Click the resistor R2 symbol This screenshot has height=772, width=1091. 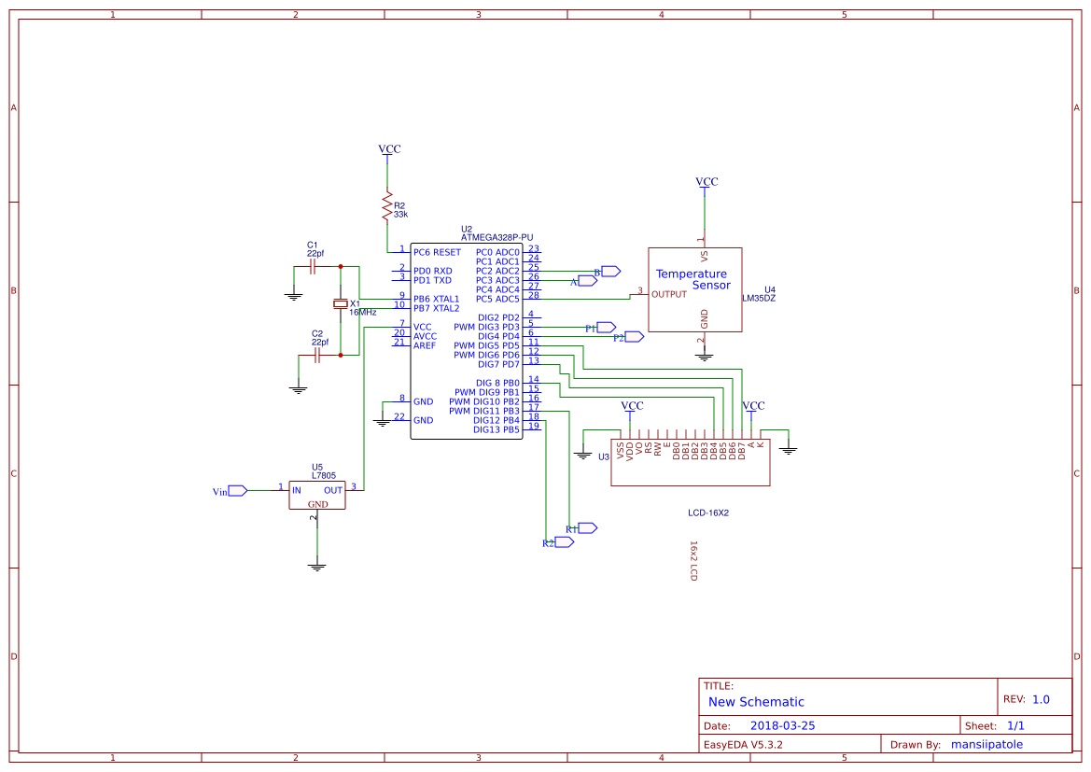[387, 206]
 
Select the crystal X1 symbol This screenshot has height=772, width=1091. [341, 304]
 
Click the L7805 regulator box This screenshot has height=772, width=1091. [317, 495]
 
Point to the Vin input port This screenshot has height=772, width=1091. [237, 490]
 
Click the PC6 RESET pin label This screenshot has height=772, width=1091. [437, 252]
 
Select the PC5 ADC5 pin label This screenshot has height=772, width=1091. [497, 299]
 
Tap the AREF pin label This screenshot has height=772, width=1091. [425, 345]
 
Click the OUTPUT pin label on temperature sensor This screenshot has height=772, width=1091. [669, 294]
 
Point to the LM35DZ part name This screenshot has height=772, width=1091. [759, 299]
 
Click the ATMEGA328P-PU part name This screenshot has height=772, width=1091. [497, 238]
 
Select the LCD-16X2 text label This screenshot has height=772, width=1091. [708, 512]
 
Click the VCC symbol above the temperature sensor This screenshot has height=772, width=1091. [706, 182]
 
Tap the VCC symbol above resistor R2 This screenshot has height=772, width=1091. [389, 149]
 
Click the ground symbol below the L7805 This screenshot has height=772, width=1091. [317, 566]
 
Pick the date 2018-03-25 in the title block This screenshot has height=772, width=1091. [782, 725]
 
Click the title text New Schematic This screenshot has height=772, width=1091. [756, 702]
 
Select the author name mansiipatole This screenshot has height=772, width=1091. [986, 745]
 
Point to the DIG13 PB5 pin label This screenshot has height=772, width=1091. [496, 429]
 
